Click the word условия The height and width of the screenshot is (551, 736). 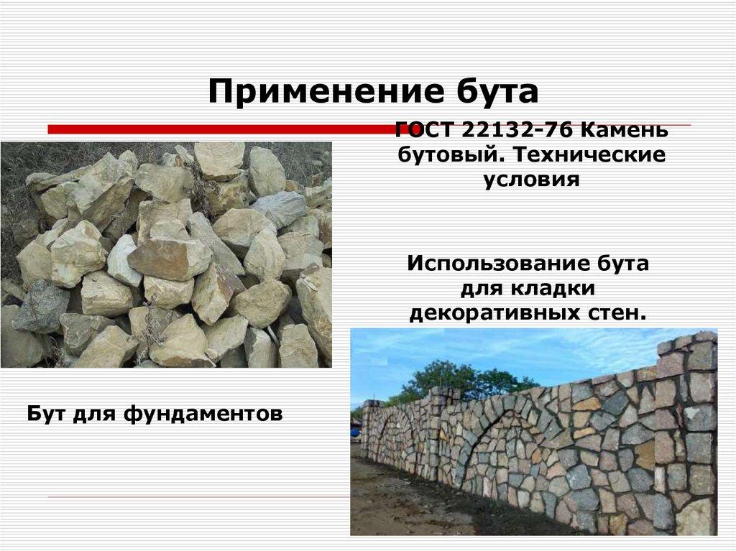point(531,179)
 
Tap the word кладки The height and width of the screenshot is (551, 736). point(553,288)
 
